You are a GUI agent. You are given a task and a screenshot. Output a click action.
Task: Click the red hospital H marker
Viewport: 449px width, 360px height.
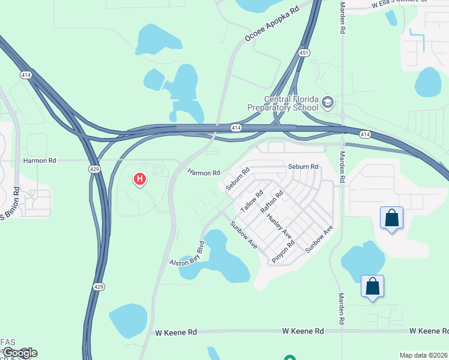140,178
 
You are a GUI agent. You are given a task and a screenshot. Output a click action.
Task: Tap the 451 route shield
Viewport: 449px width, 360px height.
305,53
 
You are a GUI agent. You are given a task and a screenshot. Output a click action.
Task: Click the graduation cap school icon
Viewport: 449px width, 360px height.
327,103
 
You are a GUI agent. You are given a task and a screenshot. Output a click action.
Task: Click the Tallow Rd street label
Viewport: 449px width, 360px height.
252,201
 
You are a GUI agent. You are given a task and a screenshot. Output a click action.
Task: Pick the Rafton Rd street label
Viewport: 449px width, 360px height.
271,203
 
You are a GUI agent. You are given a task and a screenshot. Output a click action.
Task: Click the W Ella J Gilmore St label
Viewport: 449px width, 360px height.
399,3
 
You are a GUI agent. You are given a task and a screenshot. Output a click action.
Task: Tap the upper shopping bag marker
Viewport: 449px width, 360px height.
391,218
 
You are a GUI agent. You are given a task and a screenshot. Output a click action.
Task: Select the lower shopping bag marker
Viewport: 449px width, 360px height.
372,287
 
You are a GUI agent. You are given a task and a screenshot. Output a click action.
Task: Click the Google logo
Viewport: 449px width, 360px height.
19,353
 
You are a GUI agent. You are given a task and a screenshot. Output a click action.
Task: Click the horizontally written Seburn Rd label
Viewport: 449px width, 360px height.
303,167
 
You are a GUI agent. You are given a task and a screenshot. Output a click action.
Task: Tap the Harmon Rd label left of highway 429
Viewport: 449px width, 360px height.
39,161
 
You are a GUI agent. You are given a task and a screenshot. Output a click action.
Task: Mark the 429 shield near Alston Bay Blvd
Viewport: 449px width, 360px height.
99,287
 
